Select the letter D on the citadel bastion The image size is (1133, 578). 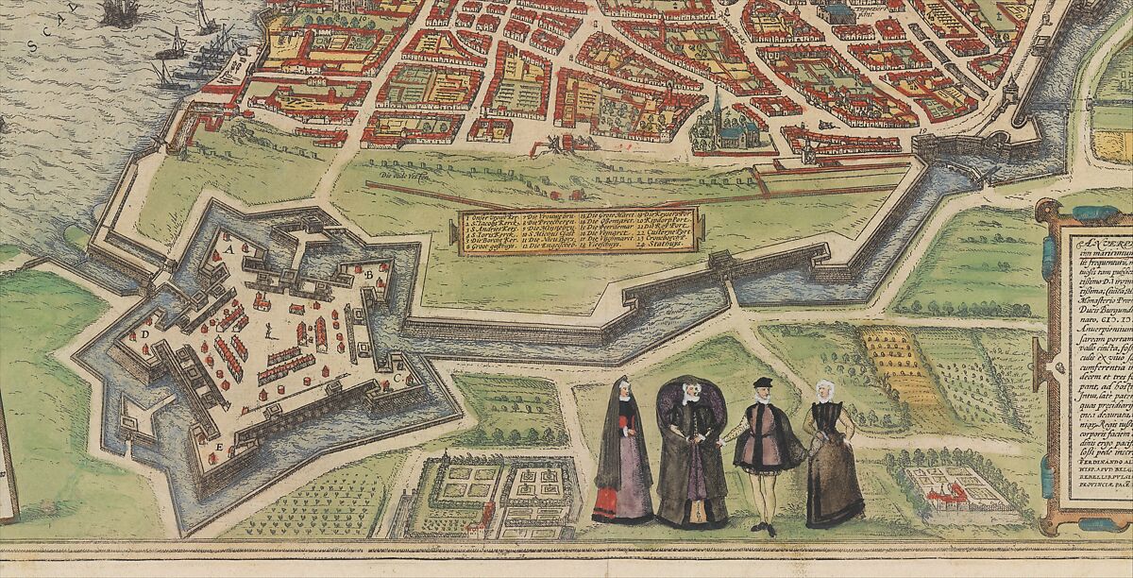coord(145,334)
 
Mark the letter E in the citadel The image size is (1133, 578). coord(219,444)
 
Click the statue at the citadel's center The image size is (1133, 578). coord(271,331)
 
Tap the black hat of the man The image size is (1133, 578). coord(763,382)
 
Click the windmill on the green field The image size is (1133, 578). coord(547,144)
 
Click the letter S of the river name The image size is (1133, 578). coord(30,44)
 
